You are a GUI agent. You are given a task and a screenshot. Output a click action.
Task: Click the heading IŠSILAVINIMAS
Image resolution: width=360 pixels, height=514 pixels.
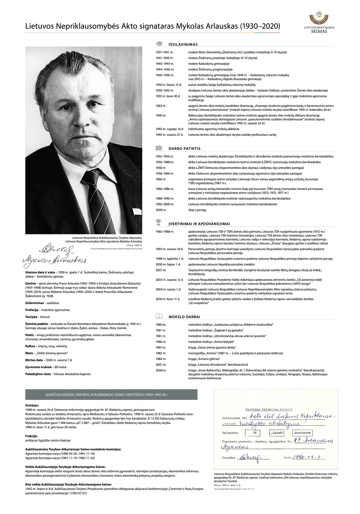pyautogui.click(x=183, y=45)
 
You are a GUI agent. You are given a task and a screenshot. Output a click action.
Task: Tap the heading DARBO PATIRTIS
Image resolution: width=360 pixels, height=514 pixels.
pyautogui.click(x=184, y=148)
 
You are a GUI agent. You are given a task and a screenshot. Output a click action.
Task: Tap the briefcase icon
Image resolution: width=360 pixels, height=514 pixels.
pyautogui.click(x=159, y=148)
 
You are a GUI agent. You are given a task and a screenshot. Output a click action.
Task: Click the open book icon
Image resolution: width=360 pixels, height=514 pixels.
pyautogui.click(x=159, y=316)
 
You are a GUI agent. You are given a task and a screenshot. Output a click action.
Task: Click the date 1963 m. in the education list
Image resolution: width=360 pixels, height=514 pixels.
pyautogui.click(x=161, y=106)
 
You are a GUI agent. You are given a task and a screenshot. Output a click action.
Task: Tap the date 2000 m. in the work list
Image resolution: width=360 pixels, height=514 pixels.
pyautogui.click(x=161, y=209)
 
